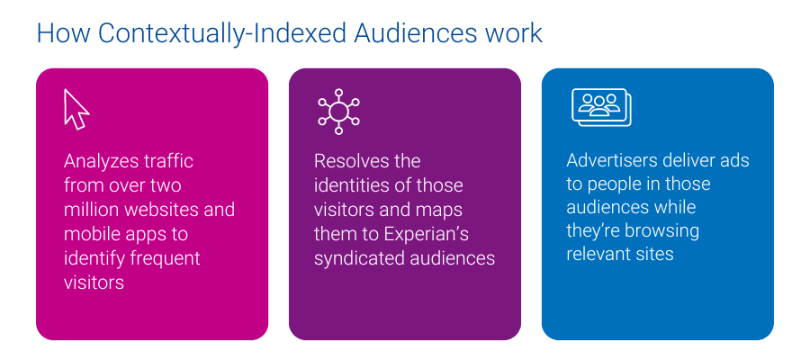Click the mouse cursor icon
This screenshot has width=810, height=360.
tap(76, 110)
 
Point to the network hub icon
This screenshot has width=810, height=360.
tap(338, 111)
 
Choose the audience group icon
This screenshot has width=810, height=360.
tap(600, 107)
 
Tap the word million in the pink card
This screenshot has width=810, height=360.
tap(93, 210)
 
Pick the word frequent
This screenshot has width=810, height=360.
tap(162, 258)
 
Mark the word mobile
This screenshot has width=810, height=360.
tap(89, 234)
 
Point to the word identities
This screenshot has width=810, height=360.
tap(350, 186)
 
